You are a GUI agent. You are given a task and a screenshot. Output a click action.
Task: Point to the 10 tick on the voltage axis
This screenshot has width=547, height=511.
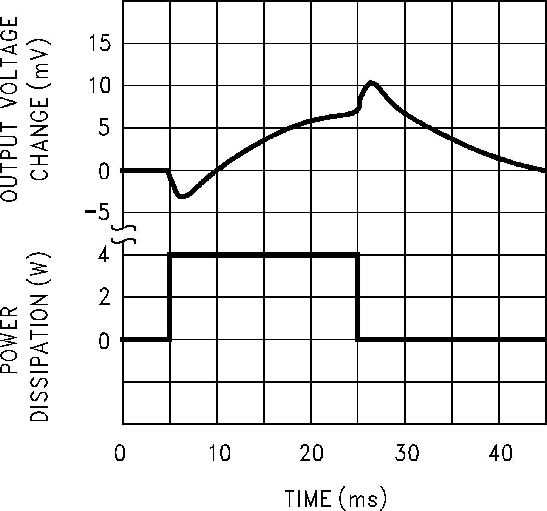100,86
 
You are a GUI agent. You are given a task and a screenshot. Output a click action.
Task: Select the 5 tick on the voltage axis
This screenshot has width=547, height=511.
104,129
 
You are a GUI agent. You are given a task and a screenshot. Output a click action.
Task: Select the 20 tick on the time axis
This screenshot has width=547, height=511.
312,453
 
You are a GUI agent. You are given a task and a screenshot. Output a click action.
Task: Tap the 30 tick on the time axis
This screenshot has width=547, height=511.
406,453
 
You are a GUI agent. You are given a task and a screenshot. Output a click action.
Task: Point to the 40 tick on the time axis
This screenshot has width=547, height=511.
501,453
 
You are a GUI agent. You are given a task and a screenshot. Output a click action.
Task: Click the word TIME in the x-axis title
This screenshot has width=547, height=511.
308,499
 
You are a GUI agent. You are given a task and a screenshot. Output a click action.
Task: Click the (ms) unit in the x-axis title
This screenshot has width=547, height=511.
363,499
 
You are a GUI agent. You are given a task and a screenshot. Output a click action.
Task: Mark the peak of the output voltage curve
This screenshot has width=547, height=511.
372,83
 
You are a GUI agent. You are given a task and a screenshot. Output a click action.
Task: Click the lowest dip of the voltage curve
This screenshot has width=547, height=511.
182,196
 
